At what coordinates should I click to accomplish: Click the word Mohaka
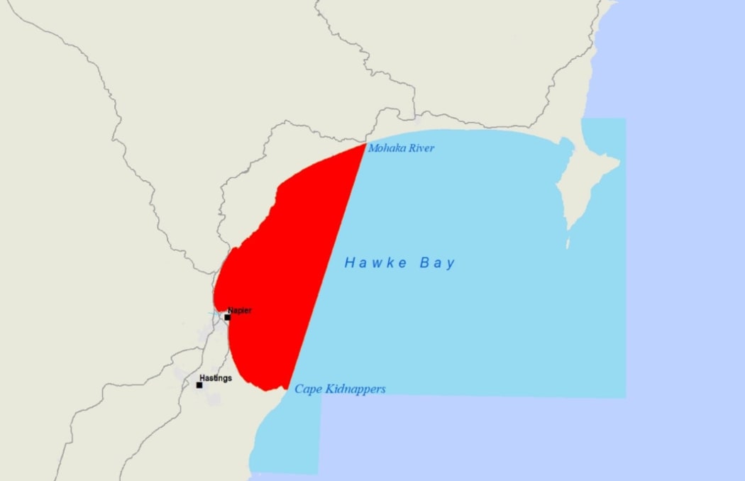pos(385,148)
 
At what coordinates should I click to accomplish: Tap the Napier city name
pos(239,311)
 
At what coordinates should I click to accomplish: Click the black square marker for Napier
pos(227,317)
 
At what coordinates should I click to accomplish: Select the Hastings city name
pos(215,378)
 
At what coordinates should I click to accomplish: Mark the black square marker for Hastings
pos(199,385)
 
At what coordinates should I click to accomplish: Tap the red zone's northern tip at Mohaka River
pos(364,145)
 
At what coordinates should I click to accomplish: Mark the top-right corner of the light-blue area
pos(624,119)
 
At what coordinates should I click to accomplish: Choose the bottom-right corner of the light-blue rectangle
pos(624,397)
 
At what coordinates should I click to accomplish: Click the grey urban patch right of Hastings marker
pos(214,398)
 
